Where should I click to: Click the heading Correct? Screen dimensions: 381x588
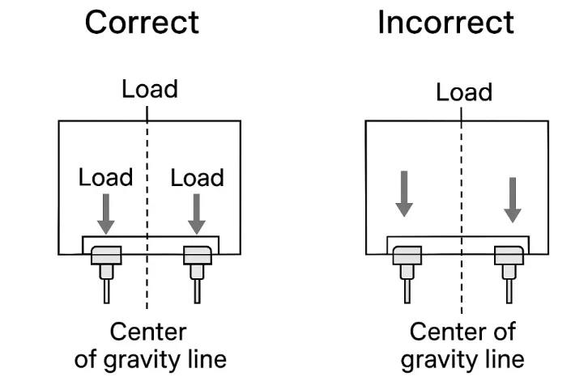pyautogui.click(x=142, y=22)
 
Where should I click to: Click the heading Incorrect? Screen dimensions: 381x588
pyautogui.click(x=445, y=22)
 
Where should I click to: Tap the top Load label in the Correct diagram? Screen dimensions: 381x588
pyautogui.click(x=150, y=89)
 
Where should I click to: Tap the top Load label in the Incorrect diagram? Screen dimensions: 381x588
pyautogui.click(x=464, y=92)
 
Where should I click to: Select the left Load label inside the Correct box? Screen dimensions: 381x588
pyautogui.click(x=105, y=177)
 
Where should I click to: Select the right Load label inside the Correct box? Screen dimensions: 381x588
pyautogui.click(x=197, y=177)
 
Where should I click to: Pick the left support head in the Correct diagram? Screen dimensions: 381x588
pyautogui.click(x=105, y=256)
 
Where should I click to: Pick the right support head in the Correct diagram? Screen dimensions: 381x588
pyautogui.click(x=197, y=256)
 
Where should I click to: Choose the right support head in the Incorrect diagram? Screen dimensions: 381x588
pyautogui.click(x=508, y=257)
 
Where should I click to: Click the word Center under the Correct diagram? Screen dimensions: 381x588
pyautogui.click(x=148, y=332)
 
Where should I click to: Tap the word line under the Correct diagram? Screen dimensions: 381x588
pyautogui.click(x=203, y=358)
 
